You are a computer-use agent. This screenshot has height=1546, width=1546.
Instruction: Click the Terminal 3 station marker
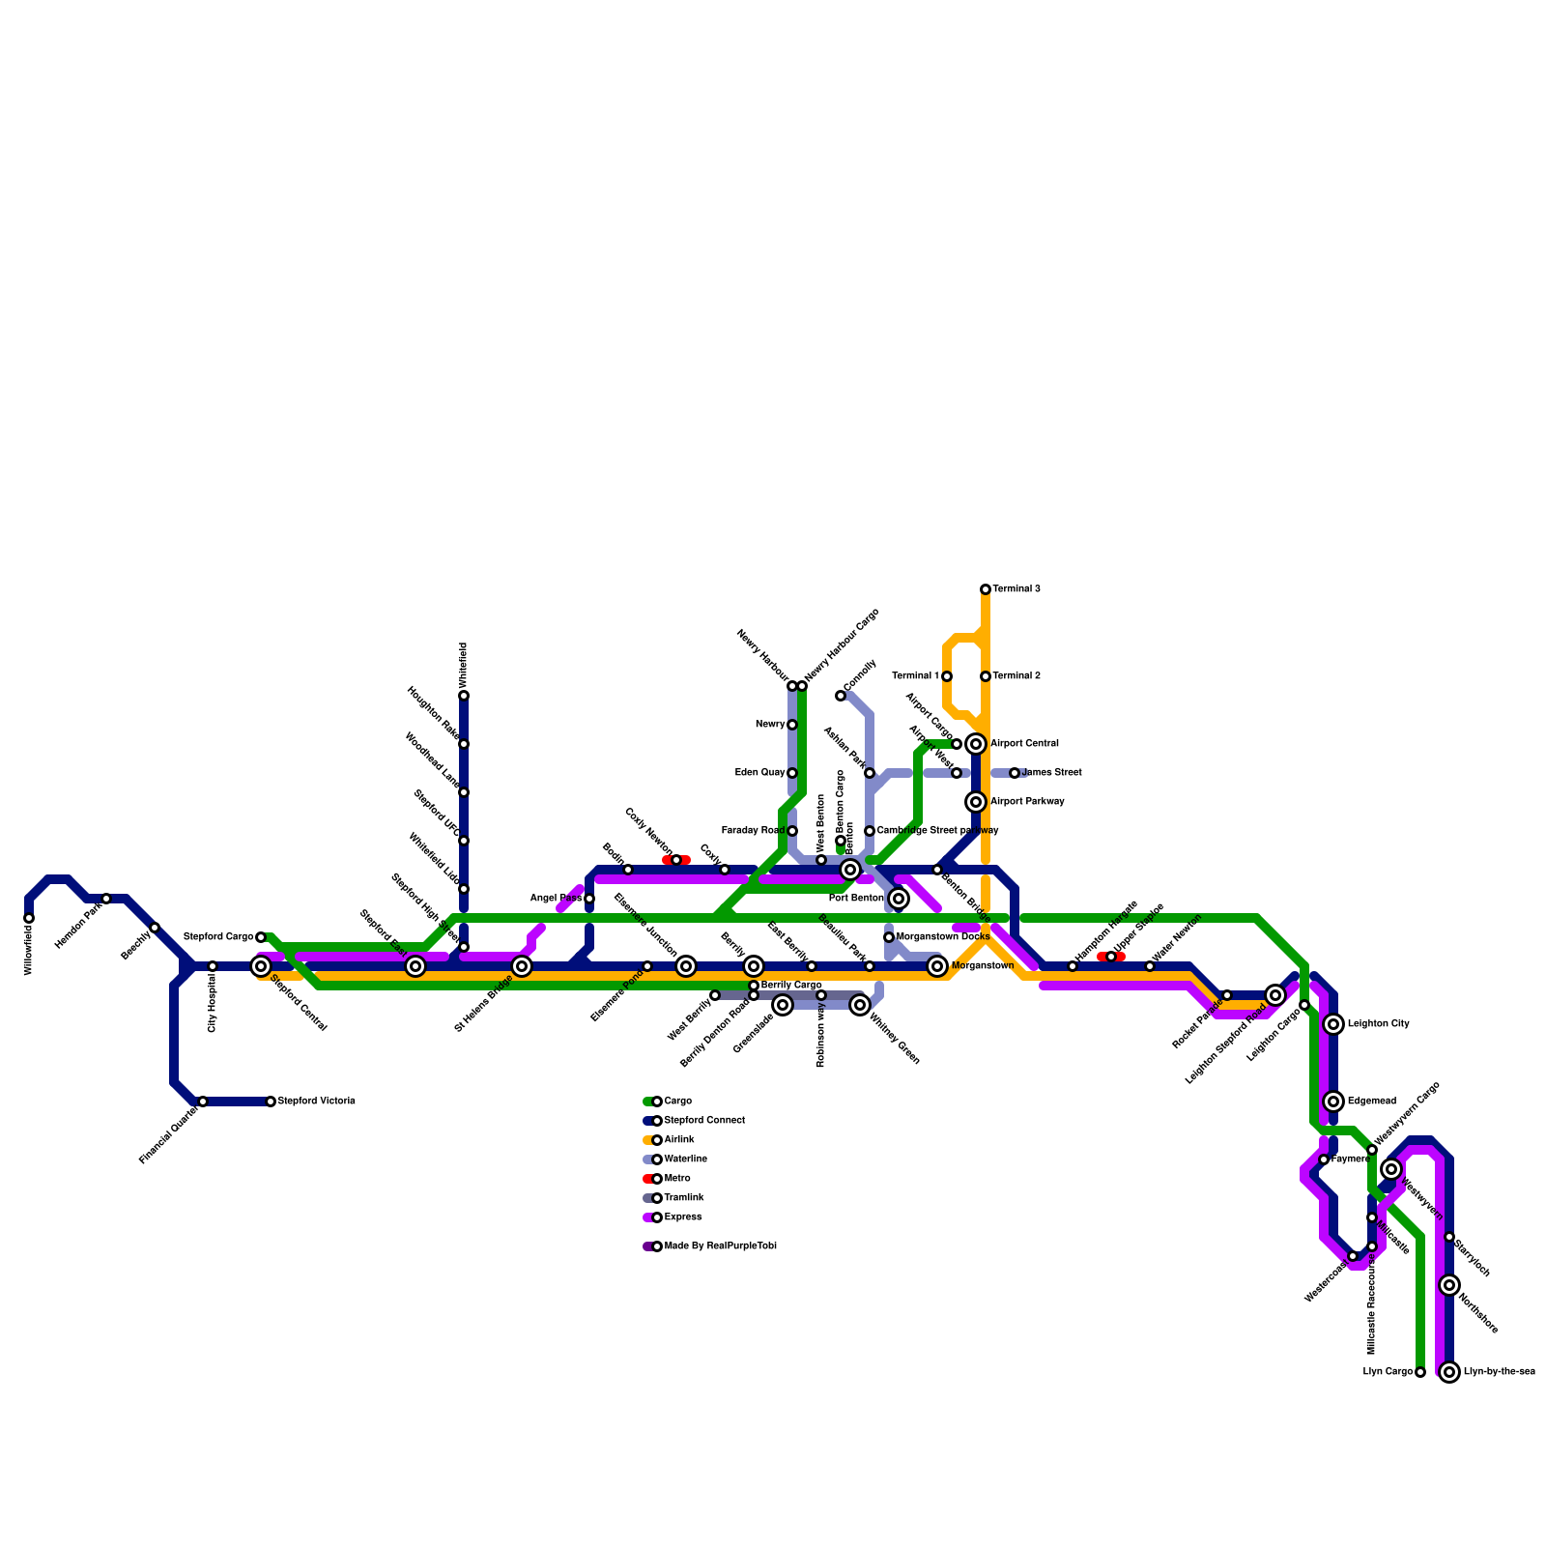(986, 589)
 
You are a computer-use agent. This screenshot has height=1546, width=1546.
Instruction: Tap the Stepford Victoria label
(316, 1102)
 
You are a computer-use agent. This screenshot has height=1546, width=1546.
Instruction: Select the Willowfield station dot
(29, 918)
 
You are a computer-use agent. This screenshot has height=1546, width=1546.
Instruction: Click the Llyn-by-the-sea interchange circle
(1449, 1372)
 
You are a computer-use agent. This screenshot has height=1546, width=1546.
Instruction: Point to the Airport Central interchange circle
(976, 744)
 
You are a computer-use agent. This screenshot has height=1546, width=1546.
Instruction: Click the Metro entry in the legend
(677, 1179)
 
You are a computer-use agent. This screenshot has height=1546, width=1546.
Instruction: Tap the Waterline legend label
(685, 1159)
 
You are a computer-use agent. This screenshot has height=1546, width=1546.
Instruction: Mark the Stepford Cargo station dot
(261, 937)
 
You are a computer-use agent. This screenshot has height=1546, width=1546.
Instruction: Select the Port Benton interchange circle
(899, 899)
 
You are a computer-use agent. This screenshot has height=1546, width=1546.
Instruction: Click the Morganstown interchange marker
(937, 966)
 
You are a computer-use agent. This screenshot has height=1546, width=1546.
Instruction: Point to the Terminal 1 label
(915, 676)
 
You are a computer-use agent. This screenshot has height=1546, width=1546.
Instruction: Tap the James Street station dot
(1015, 773)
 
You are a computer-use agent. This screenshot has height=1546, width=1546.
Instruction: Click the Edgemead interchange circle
(1333, 1102)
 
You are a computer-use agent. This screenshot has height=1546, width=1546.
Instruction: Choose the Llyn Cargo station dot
(1420, 1372)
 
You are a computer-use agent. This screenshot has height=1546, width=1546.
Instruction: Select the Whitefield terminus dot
(464, 696)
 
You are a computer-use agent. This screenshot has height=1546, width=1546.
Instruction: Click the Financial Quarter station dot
(203, 1102)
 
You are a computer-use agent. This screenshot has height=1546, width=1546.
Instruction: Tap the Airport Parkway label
(1027, 802)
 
